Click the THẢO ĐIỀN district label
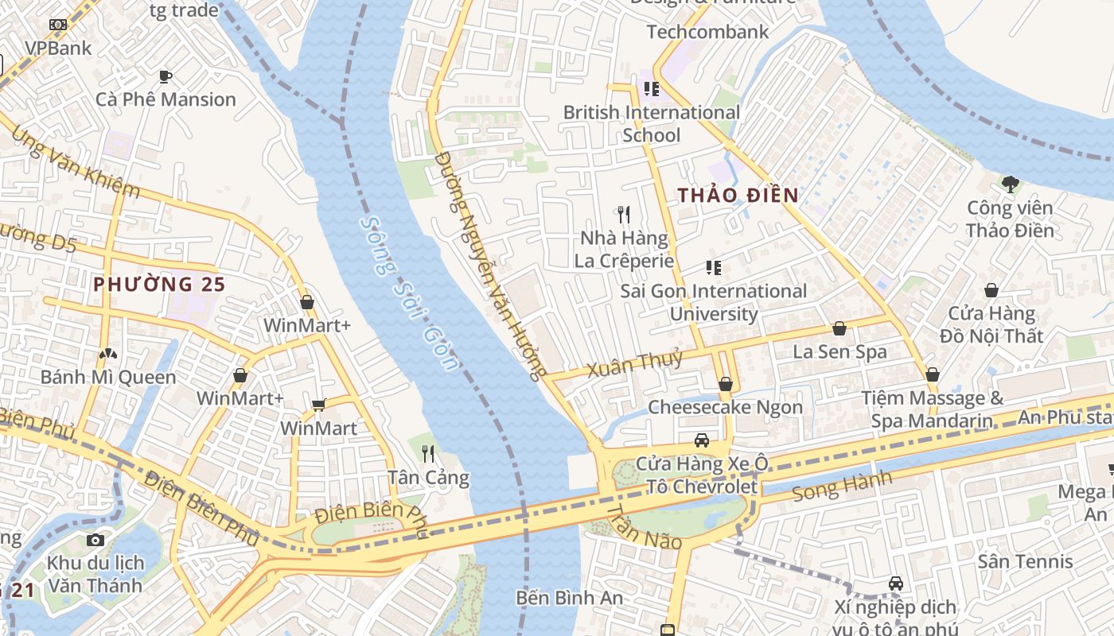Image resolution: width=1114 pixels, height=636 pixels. tap(738, 195)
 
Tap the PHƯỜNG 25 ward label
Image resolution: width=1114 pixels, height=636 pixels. tap(159, 284)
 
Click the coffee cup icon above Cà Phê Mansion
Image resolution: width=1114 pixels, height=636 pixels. tap(166, 76)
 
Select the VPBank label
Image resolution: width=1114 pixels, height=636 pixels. tap(58, 48)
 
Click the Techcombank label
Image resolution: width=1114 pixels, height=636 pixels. tap(707, 32)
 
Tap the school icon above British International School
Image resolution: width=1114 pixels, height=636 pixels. tap(651, 89)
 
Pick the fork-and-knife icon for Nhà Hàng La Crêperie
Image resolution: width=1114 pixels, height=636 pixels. tap(624, 214)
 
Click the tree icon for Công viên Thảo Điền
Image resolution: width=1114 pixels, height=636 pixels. tap(1011, 184)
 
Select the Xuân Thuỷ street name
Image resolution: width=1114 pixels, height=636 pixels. tap(634, 363)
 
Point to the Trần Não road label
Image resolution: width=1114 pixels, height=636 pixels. tap(644, 527)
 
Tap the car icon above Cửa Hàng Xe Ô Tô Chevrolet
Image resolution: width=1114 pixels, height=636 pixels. tap(701, 440)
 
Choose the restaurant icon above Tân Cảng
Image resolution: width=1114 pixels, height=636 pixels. tap(428, 454)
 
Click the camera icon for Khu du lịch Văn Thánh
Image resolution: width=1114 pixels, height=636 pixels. tap(95, 540)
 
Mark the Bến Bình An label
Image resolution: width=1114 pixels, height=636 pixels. tap(569, 597)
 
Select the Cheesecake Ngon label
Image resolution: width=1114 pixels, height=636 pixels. tap(725, 407)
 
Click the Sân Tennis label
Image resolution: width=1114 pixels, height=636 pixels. tap(1025, 561)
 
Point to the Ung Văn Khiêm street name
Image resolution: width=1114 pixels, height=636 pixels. tap(76, 164)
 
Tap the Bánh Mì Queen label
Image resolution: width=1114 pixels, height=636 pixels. tap(108, 377)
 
